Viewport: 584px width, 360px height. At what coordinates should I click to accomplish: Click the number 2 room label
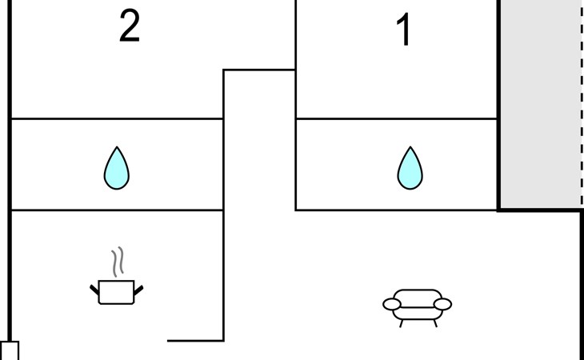[x=129, y=27]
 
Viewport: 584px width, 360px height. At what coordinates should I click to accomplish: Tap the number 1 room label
[x=405, y=31]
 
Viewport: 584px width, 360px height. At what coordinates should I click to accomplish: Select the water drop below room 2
[x=117, y=169]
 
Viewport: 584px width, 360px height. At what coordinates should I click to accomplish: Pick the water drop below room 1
[x=410, y=169]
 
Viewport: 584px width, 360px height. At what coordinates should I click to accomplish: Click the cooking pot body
[x=116, y=293]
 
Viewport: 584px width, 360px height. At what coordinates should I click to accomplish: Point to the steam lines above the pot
[x=118, y=261]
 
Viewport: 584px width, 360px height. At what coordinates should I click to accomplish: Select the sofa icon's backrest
[x=418, y=294]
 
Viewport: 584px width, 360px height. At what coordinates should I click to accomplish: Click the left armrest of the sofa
[x=392, y=304]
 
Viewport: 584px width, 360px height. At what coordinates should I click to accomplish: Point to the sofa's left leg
[x=401, y=322]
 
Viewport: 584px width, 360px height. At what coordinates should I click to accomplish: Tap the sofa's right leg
[x=434, y=322]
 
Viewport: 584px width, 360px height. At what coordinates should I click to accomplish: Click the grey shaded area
[x=540, y=104]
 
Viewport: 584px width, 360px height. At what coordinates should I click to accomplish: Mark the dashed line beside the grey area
[x=582, y=104]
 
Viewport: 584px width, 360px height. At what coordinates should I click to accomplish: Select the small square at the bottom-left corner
[x=9, y=350]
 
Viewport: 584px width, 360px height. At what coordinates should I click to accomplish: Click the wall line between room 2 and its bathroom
[x=116, y=119]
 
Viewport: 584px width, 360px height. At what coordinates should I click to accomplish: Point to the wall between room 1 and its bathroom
[x=396, y=119]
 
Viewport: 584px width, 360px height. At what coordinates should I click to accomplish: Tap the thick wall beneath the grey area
[x=540, y=210]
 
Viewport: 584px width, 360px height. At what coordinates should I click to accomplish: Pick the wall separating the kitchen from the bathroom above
[x=116, y=210]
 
